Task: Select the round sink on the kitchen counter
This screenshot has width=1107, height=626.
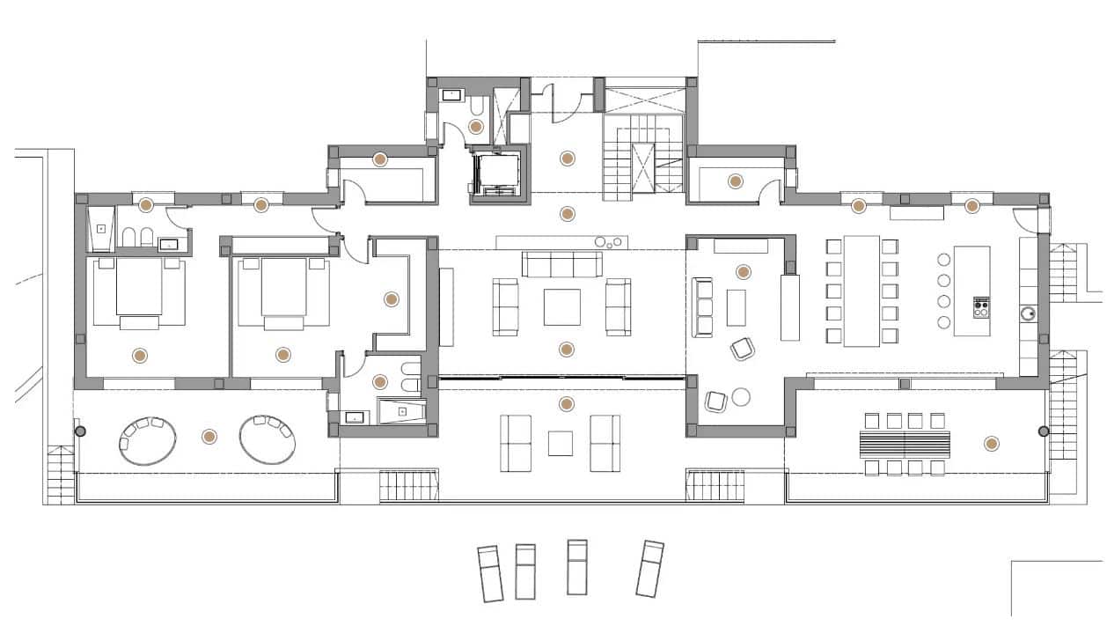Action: (x=1028, y=312)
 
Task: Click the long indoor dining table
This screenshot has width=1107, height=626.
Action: (x=861, y=291)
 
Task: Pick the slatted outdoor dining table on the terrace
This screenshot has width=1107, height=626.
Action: (x=906, y=443)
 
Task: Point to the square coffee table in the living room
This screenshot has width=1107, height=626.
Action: (x=561, y=306)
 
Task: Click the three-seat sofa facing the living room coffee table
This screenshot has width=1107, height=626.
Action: (x=561, y=264)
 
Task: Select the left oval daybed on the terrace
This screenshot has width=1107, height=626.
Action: (x=147, y=439)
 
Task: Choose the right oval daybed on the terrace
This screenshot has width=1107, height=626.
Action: (x=268, y=438)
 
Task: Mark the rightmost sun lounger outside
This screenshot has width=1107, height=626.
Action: (x=649, y=569)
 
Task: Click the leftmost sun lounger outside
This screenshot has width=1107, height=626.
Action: (x=490, y=573)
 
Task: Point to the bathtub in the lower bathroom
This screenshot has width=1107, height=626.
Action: (x=402, y=411)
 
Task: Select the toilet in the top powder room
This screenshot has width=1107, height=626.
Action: (x=476, y=108)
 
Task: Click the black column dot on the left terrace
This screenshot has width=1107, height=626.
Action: (x=80, y=431)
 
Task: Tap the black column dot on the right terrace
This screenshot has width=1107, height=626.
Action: (x=1044, y=431)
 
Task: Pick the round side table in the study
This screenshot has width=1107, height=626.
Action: (x=741, y=397)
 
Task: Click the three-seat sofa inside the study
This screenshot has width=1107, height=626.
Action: (x=703, y=306)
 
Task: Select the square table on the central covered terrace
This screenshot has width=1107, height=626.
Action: (x=561, y=443)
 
